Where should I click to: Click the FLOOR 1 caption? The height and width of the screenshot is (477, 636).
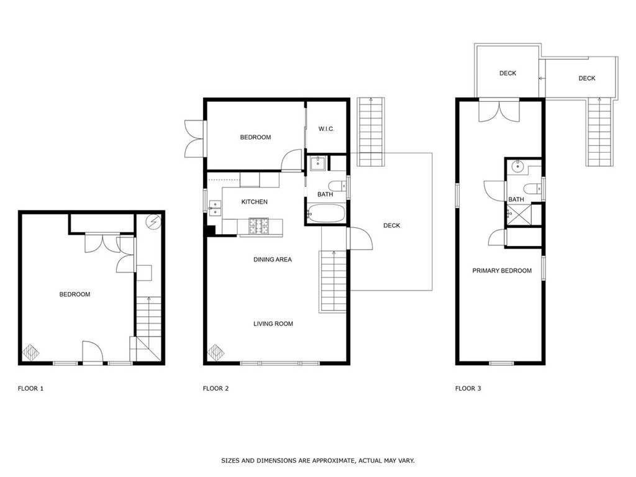pyautogui.click(x=30, y=389)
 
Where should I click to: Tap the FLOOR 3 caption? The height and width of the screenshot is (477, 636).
pyautogui.click(x=468, y=389)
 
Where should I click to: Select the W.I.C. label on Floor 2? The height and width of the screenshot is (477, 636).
pyautogui.click(x=327, y=129)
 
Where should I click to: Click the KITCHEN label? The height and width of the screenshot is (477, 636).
pyautogui.click(x=254, y=202)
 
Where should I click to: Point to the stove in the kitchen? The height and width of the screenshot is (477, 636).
pyautogui.click(x=260, y=227)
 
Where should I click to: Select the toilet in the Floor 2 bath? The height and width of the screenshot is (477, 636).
pyautogui.click(x=337, y=186)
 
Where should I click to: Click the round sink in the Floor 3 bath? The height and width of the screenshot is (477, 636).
pyautogui.click(x=517, y=167)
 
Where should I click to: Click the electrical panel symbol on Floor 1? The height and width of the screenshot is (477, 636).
pyautogui.click(x=153, y=221)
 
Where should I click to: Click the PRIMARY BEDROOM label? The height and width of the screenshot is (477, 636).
pyautogui.click(x=502, y=271)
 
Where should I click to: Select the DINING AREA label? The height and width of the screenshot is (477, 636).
pyautogui.click(x=272, y=260)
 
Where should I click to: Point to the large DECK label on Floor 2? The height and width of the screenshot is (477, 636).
pyautogui.click(x=391, y=225)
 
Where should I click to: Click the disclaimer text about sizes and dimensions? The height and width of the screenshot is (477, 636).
pyautogui.click(x=317, y=461)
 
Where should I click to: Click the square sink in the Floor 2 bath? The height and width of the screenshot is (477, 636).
pyautogui.click(x=317, y=163)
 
